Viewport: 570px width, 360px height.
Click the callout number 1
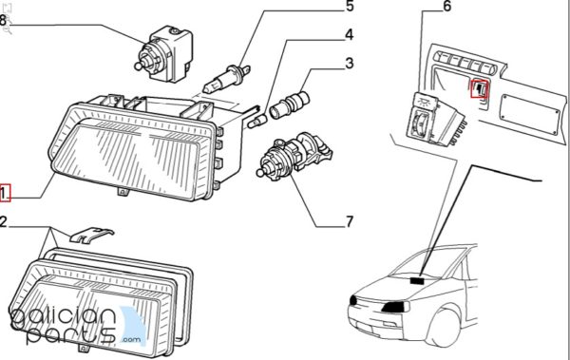point(4,193)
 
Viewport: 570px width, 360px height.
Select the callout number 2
point(3,221)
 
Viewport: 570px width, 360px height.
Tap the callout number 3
point(350,64)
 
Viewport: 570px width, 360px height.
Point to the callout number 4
point(349,35)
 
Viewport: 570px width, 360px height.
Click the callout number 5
point(350,7)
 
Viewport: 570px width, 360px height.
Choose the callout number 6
point(446,7)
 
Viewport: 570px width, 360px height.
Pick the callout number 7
point(350,221)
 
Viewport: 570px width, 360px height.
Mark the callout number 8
point(3,20)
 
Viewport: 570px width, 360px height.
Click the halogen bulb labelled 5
point(227,79)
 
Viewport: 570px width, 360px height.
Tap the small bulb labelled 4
point(257,121)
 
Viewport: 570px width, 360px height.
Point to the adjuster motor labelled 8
point(163,54)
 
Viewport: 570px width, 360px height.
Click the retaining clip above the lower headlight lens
point(91,235)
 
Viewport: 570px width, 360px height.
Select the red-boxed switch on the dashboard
point(480,88)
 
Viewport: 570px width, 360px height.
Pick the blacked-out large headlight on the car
point(395,307)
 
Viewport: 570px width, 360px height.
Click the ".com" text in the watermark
point(131,340)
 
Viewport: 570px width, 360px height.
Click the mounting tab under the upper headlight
point(123,191)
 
